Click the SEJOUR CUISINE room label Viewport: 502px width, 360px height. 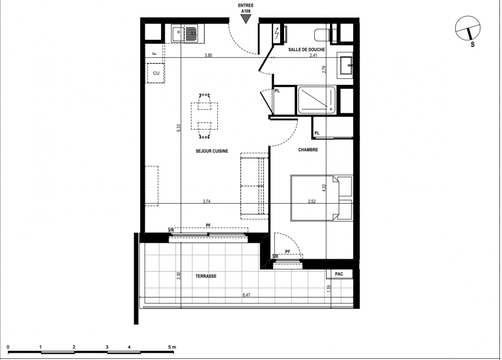point(212,151)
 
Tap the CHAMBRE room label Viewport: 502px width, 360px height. point(308,150)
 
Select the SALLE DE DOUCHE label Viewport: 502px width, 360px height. point(307,49)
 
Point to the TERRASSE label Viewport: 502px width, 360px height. point(206,276)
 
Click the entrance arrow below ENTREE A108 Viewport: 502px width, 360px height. point(245,19)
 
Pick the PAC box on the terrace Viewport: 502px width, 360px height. point(339,274)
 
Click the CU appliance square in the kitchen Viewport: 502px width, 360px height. point(156,73)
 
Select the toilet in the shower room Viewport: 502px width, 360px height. point(323,35)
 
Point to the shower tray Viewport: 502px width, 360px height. point(317,100)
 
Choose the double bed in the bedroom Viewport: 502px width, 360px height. point(321,198)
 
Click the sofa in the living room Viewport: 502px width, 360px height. point(254,186)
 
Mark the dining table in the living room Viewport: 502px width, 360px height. point(204,116)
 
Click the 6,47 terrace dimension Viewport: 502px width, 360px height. point(246,295)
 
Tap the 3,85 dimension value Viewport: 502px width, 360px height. point(208,55)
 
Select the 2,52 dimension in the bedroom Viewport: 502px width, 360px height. point(312,201)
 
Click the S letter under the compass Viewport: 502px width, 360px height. point(473,45)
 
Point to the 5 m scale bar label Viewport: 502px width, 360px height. point(172,347)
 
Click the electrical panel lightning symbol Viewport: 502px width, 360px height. point(276,33)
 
